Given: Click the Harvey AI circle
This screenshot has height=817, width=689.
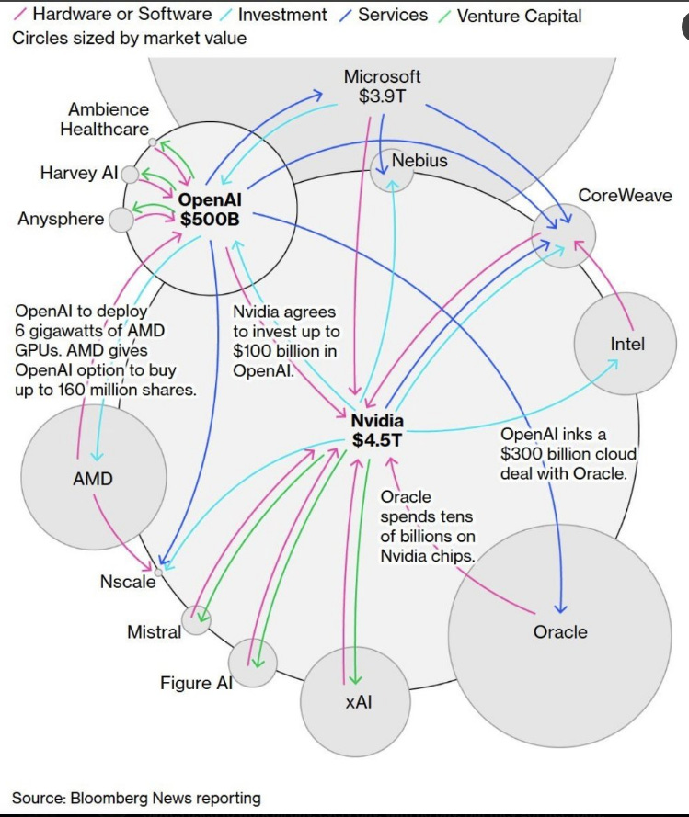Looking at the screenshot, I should pyautogui.click(x=130, y=174).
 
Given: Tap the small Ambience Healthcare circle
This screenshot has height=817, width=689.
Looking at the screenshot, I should pyautogui.click(x=153, y=142).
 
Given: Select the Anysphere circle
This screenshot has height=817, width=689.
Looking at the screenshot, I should pyautogui.click(x=121, y=220).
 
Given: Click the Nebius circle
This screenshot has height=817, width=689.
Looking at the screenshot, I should pyautogui.click(x=392, y=170).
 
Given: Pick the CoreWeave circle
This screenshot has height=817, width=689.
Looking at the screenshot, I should pyautogui.click(x=563, y=237).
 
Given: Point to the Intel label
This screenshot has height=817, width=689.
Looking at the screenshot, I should pyautogui.click(x=627, y=345).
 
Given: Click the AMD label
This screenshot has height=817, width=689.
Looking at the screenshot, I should pyautogui.click(x=92, y=479).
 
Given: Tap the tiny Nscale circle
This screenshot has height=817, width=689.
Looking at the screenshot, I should pyautogui.click(x=159, y=572).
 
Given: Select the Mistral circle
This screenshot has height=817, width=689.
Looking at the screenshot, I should pyautogui.click(x=195, y=620).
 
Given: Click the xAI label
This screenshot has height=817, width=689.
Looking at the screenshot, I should pyautogui.click(x=358, y=703).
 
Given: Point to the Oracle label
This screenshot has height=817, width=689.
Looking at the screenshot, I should pyautogui.click(x=559, y=631).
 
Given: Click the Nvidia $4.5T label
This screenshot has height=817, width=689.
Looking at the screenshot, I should pyautogui.click(x=377, y=430).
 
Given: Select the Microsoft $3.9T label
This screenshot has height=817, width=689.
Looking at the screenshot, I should pyautogui.click(x=383, y=85).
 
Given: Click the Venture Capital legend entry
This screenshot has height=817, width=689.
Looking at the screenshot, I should pyautogui.click(x=518, y=17).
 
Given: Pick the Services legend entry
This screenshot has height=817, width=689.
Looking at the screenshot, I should pyautogui.click(x=392, y=16).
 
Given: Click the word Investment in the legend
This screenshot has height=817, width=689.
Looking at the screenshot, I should pyautogui.click(x=281, y=16).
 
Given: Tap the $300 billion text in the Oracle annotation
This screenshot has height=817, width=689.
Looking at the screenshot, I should pyautogui.click(x=545, y=454).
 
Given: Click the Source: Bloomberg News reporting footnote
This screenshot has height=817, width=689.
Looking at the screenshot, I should pyautogui.click(x=136, y=798).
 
